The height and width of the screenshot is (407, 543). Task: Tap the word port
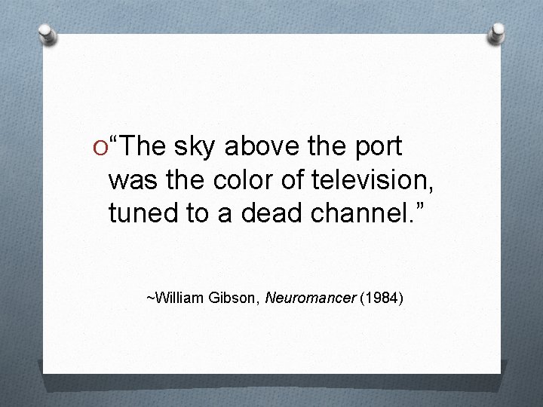coord(374,148)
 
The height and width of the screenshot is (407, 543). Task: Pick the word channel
coord(360,213)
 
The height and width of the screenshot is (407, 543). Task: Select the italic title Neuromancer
coord(310,298)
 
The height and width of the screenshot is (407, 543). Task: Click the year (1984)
coord(381,298)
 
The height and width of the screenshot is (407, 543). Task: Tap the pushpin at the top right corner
coord(496,33)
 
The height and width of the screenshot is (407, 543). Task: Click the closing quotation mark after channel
coord(419,207)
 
